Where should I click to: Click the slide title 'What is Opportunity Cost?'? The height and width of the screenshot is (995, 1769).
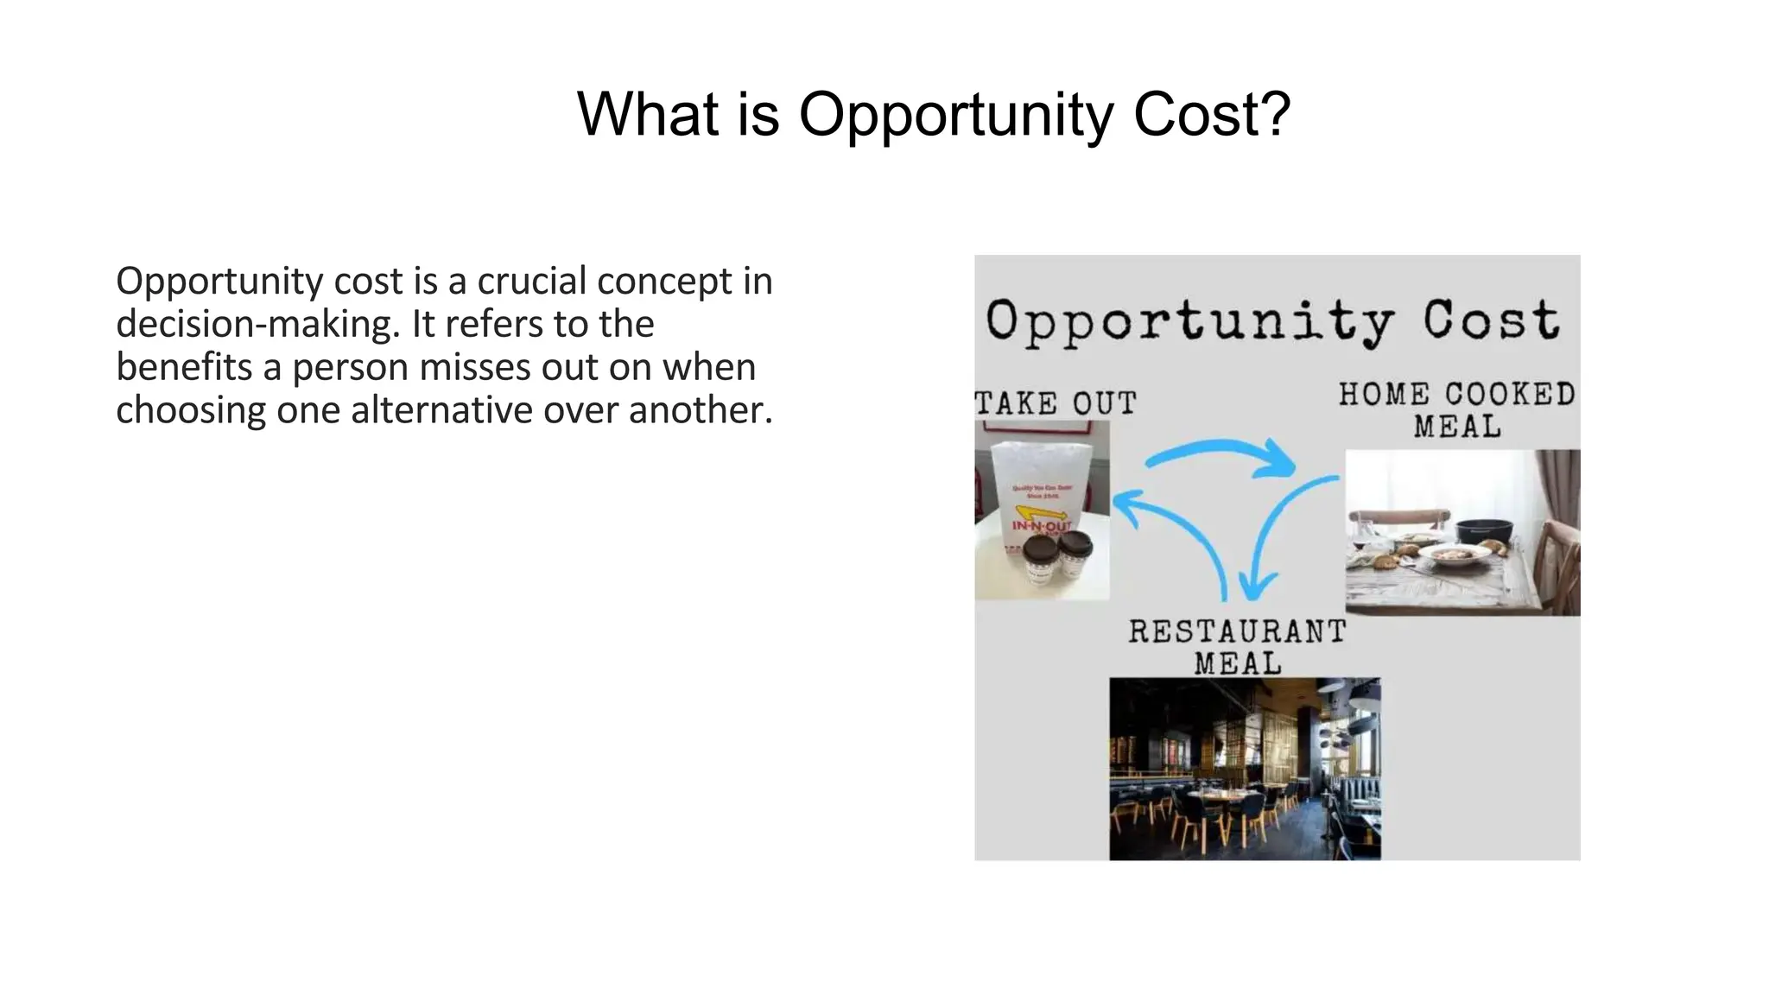click(x=933, y=114)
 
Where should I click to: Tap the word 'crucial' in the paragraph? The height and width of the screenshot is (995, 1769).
click(x=531, y=282)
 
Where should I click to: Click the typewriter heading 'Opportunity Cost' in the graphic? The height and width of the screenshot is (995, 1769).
click(x=1273, y=320)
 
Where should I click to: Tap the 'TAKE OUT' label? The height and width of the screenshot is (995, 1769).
click(x=1056, y=403)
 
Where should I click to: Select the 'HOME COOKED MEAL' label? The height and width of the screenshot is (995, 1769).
click(x=1457, y=409)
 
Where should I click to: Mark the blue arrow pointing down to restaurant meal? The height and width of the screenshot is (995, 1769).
click(x=1278, y=536)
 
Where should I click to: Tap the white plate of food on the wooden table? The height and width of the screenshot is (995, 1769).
click(x=1455, y=554)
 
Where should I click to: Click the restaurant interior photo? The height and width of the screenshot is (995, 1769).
click(x=1245, y=769)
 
